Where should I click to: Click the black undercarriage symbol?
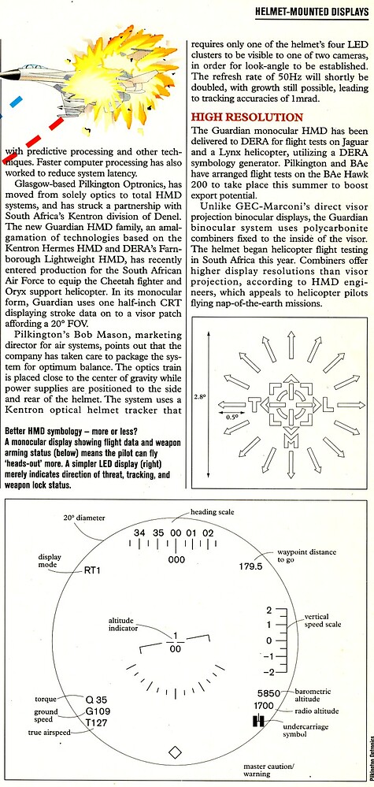[257, 721]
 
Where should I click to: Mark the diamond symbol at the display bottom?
[174, 752]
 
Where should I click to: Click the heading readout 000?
[176, 559]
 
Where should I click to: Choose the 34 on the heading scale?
[140, 533]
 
